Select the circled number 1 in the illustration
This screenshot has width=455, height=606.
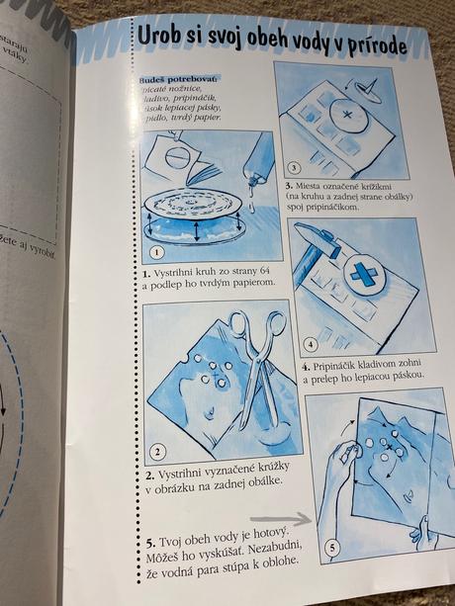pyautogui.click(x=155, y=251)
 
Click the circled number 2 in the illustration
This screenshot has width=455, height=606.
pyautogui.click(x=157, y=455)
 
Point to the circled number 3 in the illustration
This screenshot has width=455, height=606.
pyautogui.click(x=292, y=168)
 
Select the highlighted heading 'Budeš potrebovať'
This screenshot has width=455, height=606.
pyautogui.click(x=174, y=75)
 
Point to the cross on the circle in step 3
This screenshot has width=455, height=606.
pyautogui.click(x=348, y=117)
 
